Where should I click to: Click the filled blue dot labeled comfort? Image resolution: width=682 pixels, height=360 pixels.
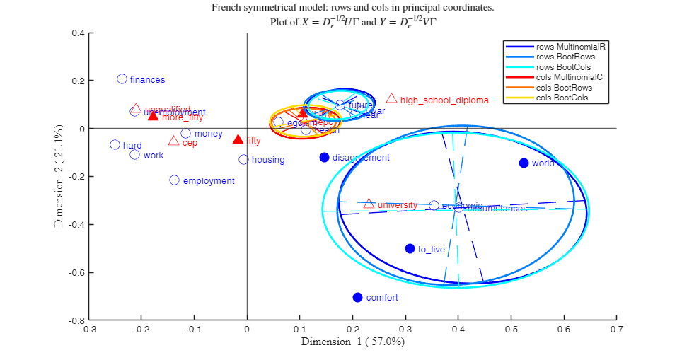[x=357, y=297]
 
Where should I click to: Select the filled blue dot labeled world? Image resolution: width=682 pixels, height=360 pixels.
[x=524, y=163]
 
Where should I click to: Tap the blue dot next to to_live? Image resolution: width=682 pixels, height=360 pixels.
[x=410, y=248]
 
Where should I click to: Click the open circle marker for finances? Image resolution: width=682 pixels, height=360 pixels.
[x=122, y=79]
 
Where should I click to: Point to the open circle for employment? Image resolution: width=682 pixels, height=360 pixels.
[x=174, y=180]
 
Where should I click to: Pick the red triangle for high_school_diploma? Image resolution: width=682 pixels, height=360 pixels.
[x=391, y=98]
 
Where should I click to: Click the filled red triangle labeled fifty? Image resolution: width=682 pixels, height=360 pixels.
[x=238, y=139]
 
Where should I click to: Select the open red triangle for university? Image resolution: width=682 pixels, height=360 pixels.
[x=369, y=204]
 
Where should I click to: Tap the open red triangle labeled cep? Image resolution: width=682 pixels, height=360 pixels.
[x=173, y=141]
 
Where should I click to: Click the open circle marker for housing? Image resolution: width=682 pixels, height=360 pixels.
[x=243, y=159]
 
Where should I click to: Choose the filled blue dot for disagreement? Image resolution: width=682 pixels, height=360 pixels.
[x=324, y=157]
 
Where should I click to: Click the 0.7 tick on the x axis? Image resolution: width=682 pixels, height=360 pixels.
[x=617, y=329]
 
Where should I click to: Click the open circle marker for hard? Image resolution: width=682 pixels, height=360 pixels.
[x=115, y=145]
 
